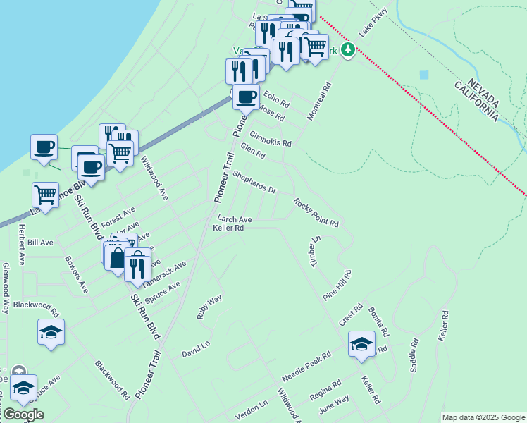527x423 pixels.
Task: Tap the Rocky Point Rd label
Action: (316, 212)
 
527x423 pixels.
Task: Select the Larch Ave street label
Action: (235, 219)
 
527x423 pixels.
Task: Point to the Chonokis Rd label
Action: (270, 138)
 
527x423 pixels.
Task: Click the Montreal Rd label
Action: (318, 102)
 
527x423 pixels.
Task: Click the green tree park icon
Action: (347, 49)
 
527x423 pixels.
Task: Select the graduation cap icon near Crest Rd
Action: (361, 344)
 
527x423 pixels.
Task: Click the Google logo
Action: (23, 415)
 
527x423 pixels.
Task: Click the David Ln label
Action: (196, 348)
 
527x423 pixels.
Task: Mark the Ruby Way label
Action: (209, 307)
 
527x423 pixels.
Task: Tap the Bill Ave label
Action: (39, 243)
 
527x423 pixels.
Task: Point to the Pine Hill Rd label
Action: (337, 285)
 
